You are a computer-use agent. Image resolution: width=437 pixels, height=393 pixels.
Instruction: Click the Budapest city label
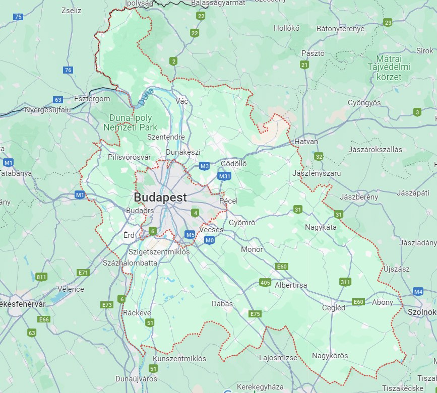tap(160, 197)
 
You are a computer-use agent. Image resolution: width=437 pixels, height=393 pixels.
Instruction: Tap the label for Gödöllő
tap(234, 164)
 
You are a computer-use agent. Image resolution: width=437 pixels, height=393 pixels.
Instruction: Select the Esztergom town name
tap(92, 99)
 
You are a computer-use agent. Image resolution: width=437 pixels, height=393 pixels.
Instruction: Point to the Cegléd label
tap(334, 308)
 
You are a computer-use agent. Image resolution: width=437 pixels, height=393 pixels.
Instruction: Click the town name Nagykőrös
tap(330, 356)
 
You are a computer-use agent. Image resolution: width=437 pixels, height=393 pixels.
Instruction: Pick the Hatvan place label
tap(306, 142)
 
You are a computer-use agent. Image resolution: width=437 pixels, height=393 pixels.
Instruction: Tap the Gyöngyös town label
tap(364, 103)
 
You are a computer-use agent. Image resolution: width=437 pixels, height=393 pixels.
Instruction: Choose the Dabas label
tap(222, 304)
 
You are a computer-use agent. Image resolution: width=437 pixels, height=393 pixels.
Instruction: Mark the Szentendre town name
tap(166, 137)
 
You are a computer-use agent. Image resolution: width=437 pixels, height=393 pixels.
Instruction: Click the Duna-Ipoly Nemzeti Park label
tap(130, 123)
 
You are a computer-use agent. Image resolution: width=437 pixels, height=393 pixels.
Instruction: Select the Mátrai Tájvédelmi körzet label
tap(389, 68)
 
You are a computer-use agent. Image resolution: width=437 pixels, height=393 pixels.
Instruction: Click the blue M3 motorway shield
tap(204, 166)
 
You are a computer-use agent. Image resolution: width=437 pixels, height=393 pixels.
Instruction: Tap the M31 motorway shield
tap(224, 176)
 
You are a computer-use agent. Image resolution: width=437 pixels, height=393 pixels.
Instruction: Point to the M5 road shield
tap(190, 234)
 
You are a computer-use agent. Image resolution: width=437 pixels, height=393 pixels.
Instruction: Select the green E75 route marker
tap(255, 314)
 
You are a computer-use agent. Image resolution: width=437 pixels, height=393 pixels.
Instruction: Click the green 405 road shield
tap(265, 282)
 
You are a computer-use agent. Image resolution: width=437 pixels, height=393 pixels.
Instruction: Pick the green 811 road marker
tap(41, 277)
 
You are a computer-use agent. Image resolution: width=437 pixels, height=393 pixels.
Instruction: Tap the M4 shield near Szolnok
tap(418, 291)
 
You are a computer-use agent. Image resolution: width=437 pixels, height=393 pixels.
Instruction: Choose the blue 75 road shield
tap(18, 17)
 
